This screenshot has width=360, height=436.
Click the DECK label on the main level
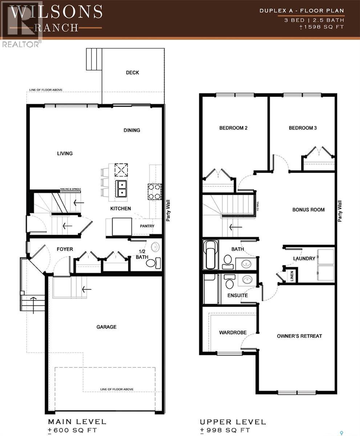[132, 73]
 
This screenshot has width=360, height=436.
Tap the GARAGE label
[106, 327]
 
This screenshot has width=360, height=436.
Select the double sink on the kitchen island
[121, 189]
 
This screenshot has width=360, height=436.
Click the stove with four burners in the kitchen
[154, 192]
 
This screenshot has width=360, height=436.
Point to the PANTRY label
[147, 226]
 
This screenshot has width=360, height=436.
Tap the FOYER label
[65, 249]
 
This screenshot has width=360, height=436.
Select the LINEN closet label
[291, 275]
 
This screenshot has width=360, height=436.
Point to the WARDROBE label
[232, 332]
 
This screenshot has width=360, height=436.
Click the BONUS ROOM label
[308, 210]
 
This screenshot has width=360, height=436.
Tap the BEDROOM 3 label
[303, 128]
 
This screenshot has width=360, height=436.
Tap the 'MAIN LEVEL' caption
[77, 422]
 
